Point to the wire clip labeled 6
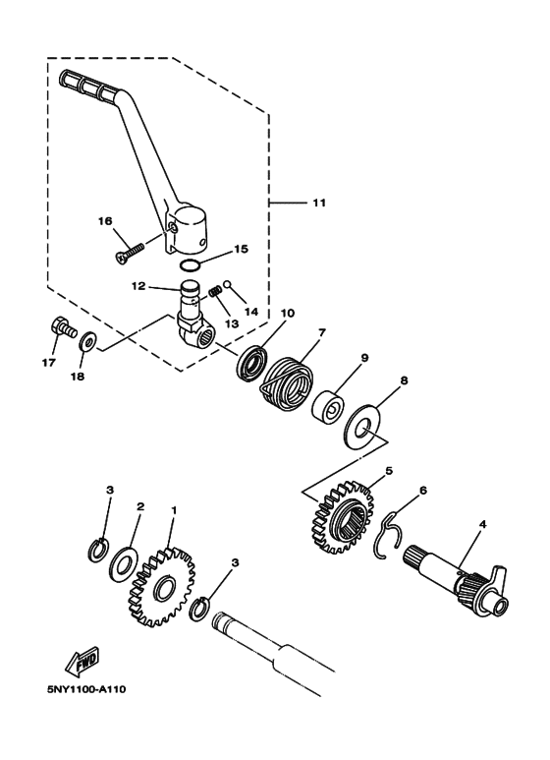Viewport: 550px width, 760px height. (389, 531)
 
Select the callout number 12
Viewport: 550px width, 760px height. (139, 285)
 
